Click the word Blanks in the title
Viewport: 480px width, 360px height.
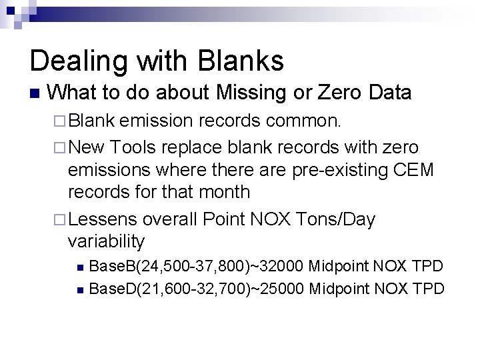(241, 61)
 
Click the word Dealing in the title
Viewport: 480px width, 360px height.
(75, 61)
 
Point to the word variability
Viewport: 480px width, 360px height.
(107, 241)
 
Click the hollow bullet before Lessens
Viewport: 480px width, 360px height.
(59, 219)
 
